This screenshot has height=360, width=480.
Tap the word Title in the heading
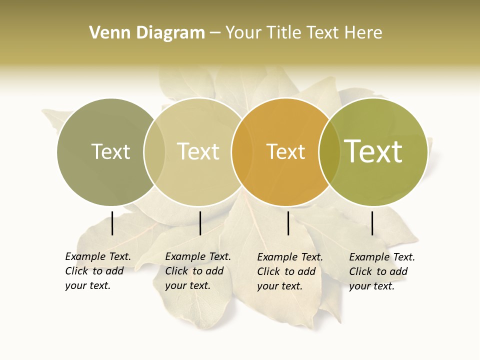[283, 33]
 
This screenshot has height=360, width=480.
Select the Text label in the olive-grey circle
[110, 151]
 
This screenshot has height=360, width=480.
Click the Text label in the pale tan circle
[198, 151]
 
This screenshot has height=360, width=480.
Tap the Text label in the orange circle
[285, 151]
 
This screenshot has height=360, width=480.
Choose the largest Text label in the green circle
[373, 151]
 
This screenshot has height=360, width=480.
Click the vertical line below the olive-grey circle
[112, 223]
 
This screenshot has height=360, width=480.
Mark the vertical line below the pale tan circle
[200, 223]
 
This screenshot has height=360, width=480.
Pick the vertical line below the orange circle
[288, 223]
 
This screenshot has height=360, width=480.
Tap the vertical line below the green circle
[372, 223]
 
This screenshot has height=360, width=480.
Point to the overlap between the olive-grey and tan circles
[154, 152]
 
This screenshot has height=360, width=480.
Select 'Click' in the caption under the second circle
[176, 271]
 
